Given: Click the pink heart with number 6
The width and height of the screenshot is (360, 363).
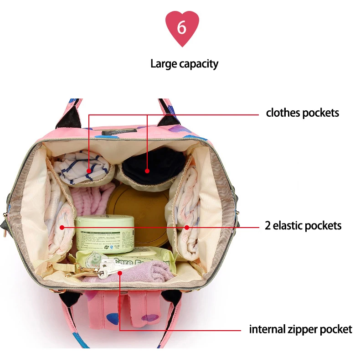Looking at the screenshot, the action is [x=182, y=28].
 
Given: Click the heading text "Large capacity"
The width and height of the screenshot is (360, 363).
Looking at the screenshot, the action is [x=184, y=64].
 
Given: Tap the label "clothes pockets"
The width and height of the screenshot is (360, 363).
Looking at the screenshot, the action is [x=303, y=113].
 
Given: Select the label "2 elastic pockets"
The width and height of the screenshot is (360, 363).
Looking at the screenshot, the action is [x=303, y=225].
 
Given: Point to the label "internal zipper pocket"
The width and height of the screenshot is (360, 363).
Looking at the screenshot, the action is [x=300, y=329].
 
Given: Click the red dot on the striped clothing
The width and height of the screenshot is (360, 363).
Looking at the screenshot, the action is [x=89, y=171].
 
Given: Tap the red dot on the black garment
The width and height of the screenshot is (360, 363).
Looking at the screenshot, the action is [x=147, y=171].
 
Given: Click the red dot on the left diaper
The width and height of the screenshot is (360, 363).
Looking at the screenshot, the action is [x=62, y=227].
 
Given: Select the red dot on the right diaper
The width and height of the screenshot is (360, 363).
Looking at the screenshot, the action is [x=186, y=227].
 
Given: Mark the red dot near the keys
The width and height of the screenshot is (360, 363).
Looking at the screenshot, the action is [x=119, y=273].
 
